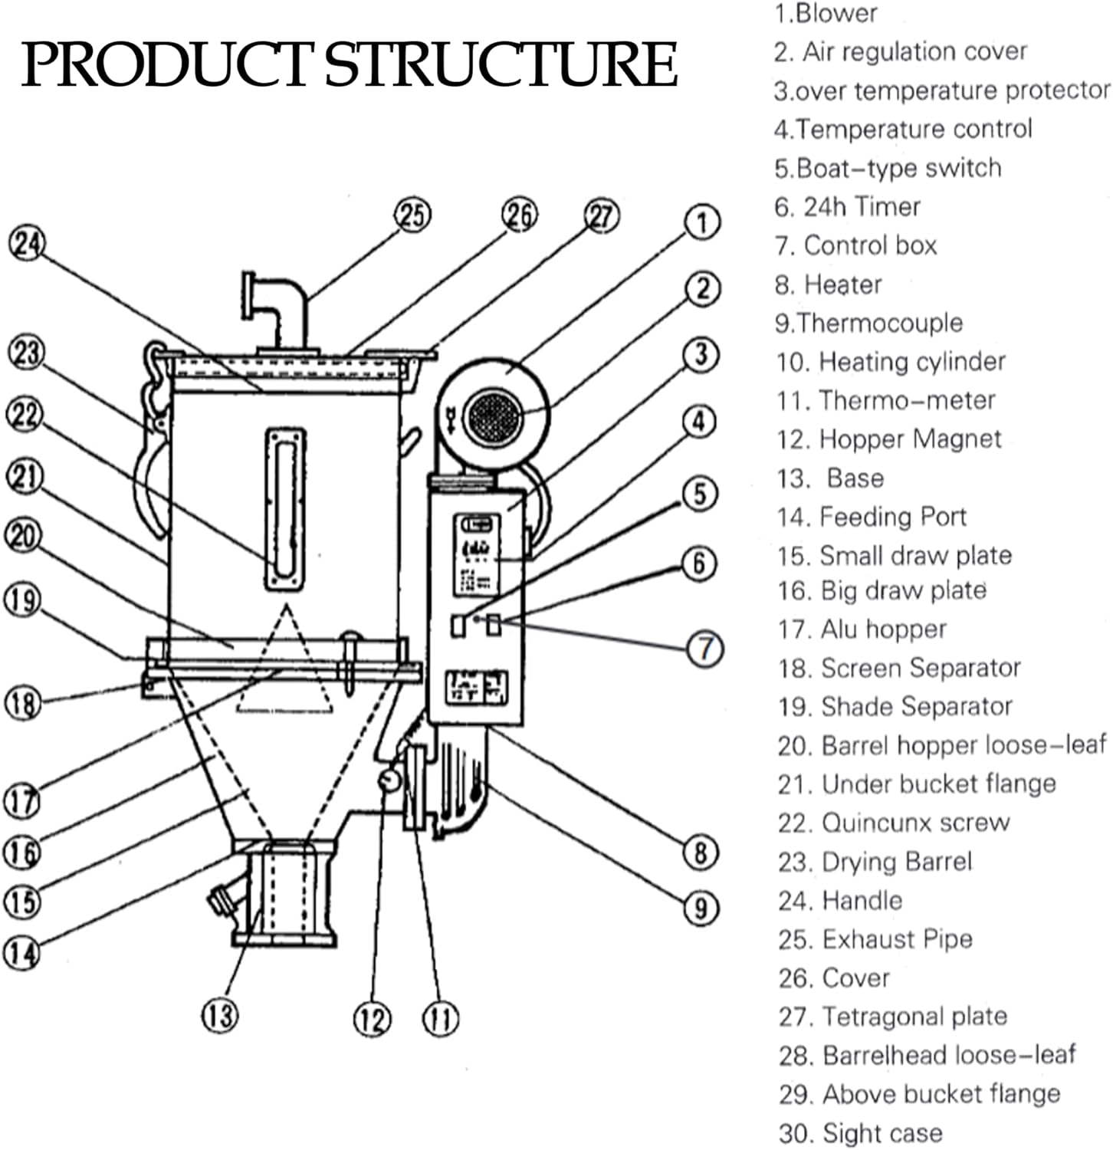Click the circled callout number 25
click(412, 215)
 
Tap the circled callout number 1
click(702, 223)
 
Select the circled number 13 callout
click(220, 1016)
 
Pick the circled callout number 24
click(27, 245)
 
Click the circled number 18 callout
click(23, 702)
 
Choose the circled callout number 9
click(701, 909)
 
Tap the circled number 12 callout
click(372, 1020)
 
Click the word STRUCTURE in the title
click(501, 64)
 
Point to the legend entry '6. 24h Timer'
click(847, 207)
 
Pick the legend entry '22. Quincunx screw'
click(894, 823)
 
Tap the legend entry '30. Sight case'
click(860, 1133)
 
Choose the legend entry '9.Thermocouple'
click(868, 323)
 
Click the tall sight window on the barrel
click(286, 509)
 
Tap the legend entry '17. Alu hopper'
click(862, 629)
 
